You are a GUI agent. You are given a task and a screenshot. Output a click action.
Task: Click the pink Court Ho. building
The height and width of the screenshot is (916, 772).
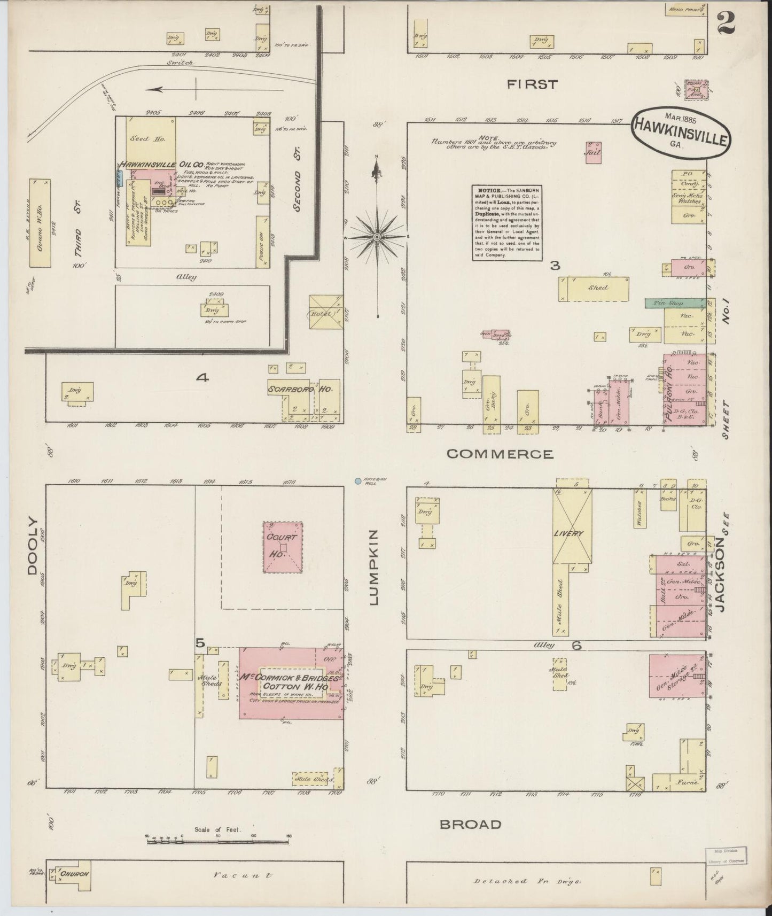pyautogui.click(x=283, y=547)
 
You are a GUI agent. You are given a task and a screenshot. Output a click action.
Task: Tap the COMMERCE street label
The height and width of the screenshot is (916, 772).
pyautogui.click(x=500, y=454)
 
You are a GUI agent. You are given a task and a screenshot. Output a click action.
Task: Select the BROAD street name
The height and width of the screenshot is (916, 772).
pyautogui.click(x=471, y=824)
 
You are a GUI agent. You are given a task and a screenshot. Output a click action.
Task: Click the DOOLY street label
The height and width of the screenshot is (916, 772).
pyautogui.click(x=33, y=545)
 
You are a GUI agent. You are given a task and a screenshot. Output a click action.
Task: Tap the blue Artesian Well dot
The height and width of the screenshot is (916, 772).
pyautogui.click(x=357, y=481)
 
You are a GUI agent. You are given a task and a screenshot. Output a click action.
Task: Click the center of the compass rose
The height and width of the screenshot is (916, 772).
pyautogui.click(x=377, y=236)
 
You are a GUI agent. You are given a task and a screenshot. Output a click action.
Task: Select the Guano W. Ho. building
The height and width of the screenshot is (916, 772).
pyautogui.click(x=40, y=223)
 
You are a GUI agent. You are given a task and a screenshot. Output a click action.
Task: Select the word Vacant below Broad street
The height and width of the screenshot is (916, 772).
pyautogui.click(x=242, y=875)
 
